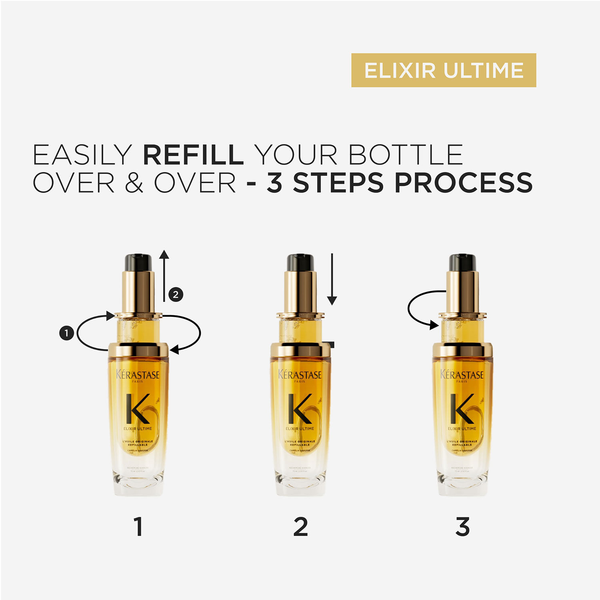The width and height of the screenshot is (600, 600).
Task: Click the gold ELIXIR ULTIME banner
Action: (443, 70)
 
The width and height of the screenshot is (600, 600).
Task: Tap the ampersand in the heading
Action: (134, 183)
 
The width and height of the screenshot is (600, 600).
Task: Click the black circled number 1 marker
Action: (66, 333)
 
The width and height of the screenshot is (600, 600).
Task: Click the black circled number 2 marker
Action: (176, 295)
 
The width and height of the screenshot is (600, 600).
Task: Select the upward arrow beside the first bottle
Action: (164, 276)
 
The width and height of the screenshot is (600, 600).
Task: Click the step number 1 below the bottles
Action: (138, 527)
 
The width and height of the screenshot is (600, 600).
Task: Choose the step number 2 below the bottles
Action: (300, 527)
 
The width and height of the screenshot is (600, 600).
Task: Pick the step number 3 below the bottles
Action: (462, 527)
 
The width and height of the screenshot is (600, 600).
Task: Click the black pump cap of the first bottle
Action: (138, 262)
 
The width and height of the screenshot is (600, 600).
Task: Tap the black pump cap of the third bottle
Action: (462, 262)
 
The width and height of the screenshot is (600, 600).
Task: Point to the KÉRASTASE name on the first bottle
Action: (138, 375)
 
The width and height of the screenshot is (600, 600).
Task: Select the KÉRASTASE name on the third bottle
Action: (462, 375)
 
